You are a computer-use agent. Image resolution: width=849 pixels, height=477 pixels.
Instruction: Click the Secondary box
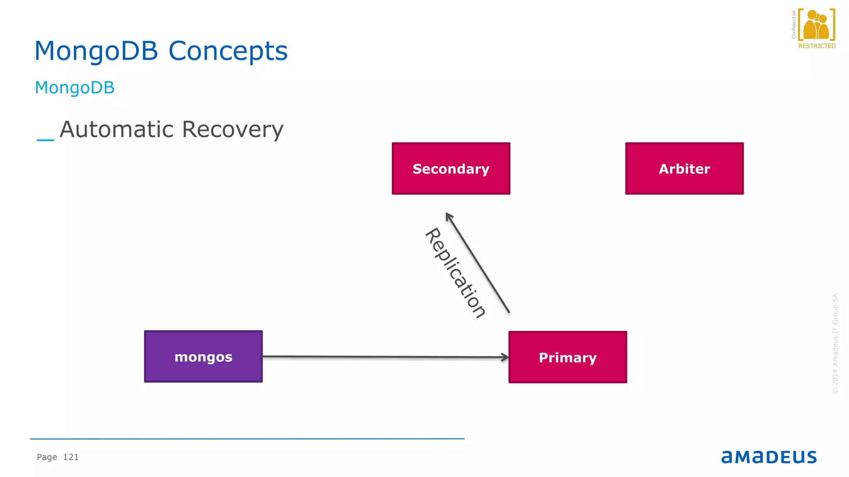pyautogui.click(x=451, y=169)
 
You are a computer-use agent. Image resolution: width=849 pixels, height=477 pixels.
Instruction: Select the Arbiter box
pyautogui.click(x=684, y=169)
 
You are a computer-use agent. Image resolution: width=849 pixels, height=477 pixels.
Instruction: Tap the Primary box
pyautogui.click(x=568, y=357)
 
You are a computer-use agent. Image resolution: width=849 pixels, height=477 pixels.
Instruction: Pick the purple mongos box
pyautogui.click(x=203, y=357)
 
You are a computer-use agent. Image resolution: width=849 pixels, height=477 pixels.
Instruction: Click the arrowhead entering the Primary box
pyautogui.click(x=505, y=357)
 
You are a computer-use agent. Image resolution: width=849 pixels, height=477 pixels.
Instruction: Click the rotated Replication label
pyautogui.click(x=455, y=273)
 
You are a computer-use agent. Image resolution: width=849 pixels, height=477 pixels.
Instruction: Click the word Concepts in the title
pyautogui.click(x=228, y=51)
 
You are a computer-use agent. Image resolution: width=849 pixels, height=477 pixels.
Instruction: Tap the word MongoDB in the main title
pyautogui.click(x=96, y=51)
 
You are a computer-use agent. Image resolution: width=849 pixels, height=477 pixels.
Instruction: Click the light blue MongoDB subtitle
pyautogui.click(x=75, y=88)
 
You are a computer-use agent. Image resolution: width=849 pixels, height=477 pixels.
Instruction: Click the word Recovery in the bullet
pyautogui.click(x=233, y=130)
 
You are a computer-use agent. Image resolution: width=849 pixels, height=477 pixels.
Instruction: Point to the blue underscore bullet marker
pyautogui.click(x=45, y=140)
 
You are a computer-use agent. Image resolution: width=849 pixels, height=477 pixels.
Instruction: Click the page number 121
pyautogui.click(x=71, y=457)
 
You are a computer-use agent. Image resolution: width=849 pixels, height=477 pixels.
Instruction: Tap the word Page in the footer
pyautogui.click(x=47, y=457)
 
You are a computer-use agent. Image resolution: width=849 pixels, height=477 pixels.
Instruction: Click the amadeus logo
pyautogui.click(x=769, y=457)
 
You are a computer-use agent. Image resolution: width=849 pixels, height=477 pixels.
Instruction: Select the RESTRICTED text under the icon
pyautogui.click(x=817, y=46)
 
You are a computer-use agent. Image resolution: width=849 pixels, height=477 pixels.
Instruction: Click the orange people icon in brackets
pyautogui.click(x=816, y=25)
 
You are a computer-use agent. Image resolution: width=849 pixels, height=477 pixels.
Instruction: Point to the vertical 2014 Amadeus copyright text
pyautogui.click(x=835, y=344)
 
